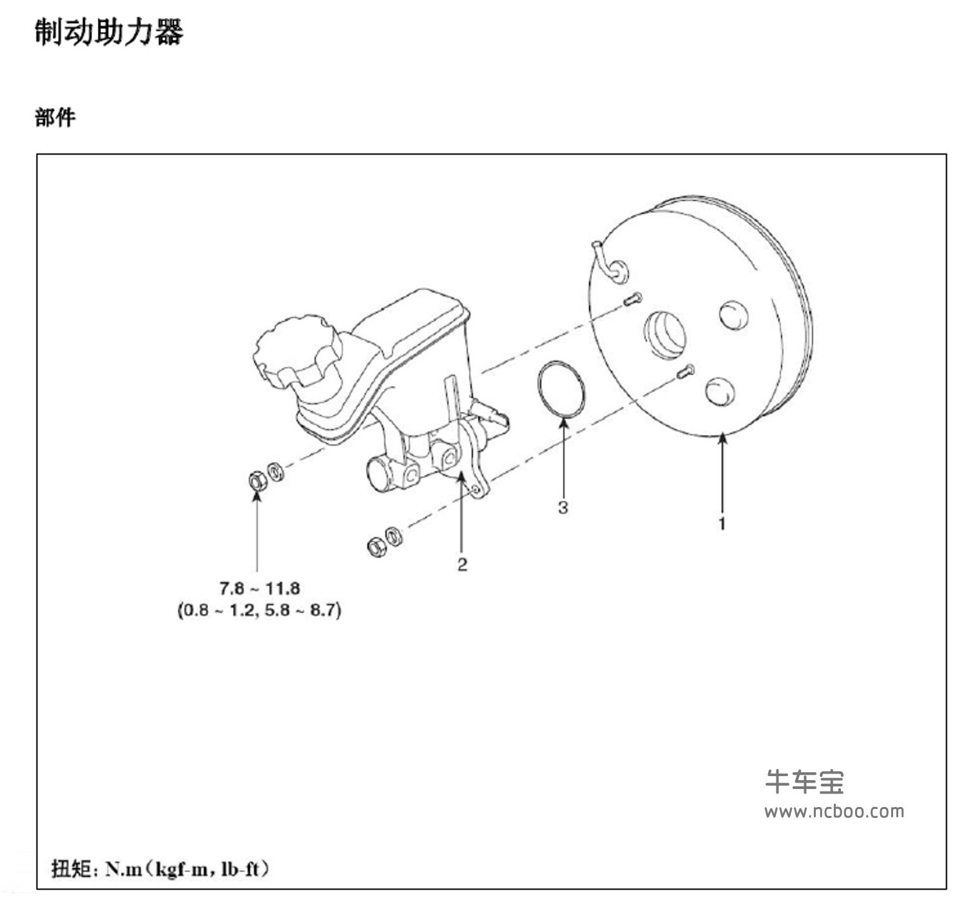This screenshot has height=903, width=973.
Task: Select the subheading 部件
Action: pyautogui.click(x=55, y=118)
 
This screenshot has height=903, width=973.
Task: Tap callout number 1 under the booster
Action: pyautogui.click(x=722, y=524)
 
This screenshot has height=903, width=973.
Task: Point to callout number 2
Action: pyautogui.click(x=462, y=564)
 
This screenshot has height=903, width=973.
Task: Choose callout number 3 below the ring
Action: pyautogui.click(x=563, y=508)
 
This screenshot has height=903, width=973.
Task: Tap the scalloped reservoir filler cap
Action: pyautogui.click(x=296, y=351)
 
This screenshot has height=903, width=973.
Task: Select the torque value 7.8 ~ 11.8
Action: pyautogui.click(x=259, y=588)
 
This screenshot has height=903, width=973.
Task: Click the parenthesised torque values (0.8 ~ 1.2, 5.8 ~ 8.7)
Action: pyautogui.click(x=259, y=610)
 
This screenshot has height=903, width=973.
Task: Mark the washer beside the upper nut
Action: pyautogui.click(x=276, y=471)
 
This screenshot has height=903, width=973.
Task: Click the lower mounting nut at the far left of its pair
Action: pyautogui.click(x=375, y=546)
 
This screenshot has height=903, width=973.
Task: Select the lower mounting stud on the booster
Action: pyautogui.click(x=685, y=372)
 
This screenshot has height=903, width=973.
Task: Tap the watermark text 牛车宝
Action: pyautogui.click(x=804, y=782)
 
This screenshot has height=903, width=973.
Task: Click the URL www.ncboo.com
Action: pyautogui.click(x=834, y=812)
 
